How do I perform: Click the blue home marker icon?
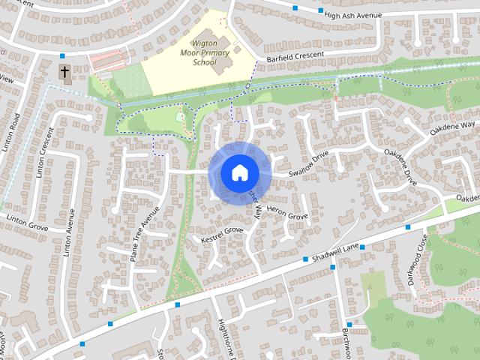tap(238, 172)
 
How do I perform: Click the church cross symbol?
tap(65, 73)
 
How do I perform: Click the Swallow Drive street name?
tap(310, 164)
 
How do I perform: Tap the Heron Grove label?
tap(288, 215)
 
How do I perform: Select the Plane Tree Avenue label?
tap(145, 233)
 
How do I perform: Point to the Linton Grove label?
tap(27, 218)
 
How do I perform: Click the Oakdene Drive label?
tap(400, 166)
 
